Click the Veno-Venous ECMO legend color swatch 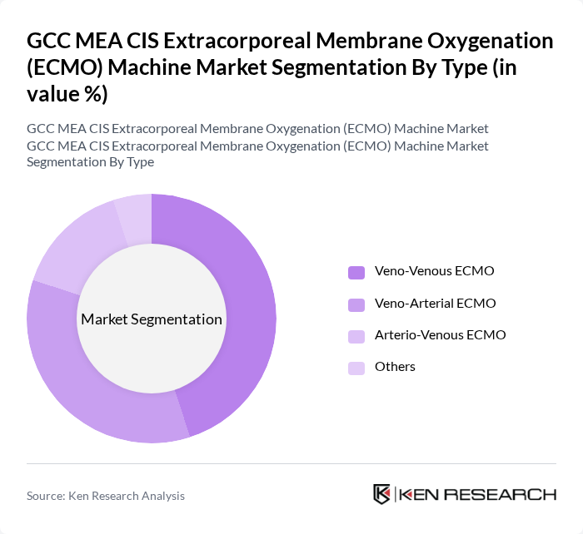(356, 272)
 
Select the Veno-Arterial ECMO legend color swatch (356, 304)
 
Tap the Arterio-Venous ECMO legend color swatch (356, 335)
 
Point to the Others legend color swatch (356, 367)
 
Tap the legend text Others (395, 366)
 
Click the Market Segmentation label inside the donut (152, 319)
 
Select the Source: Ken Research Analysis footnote (106, 496)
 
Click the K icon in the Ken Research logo (382, 494)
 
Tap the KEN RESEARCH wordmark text (478, 495)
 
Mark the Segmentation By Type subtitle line (91, 162)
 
